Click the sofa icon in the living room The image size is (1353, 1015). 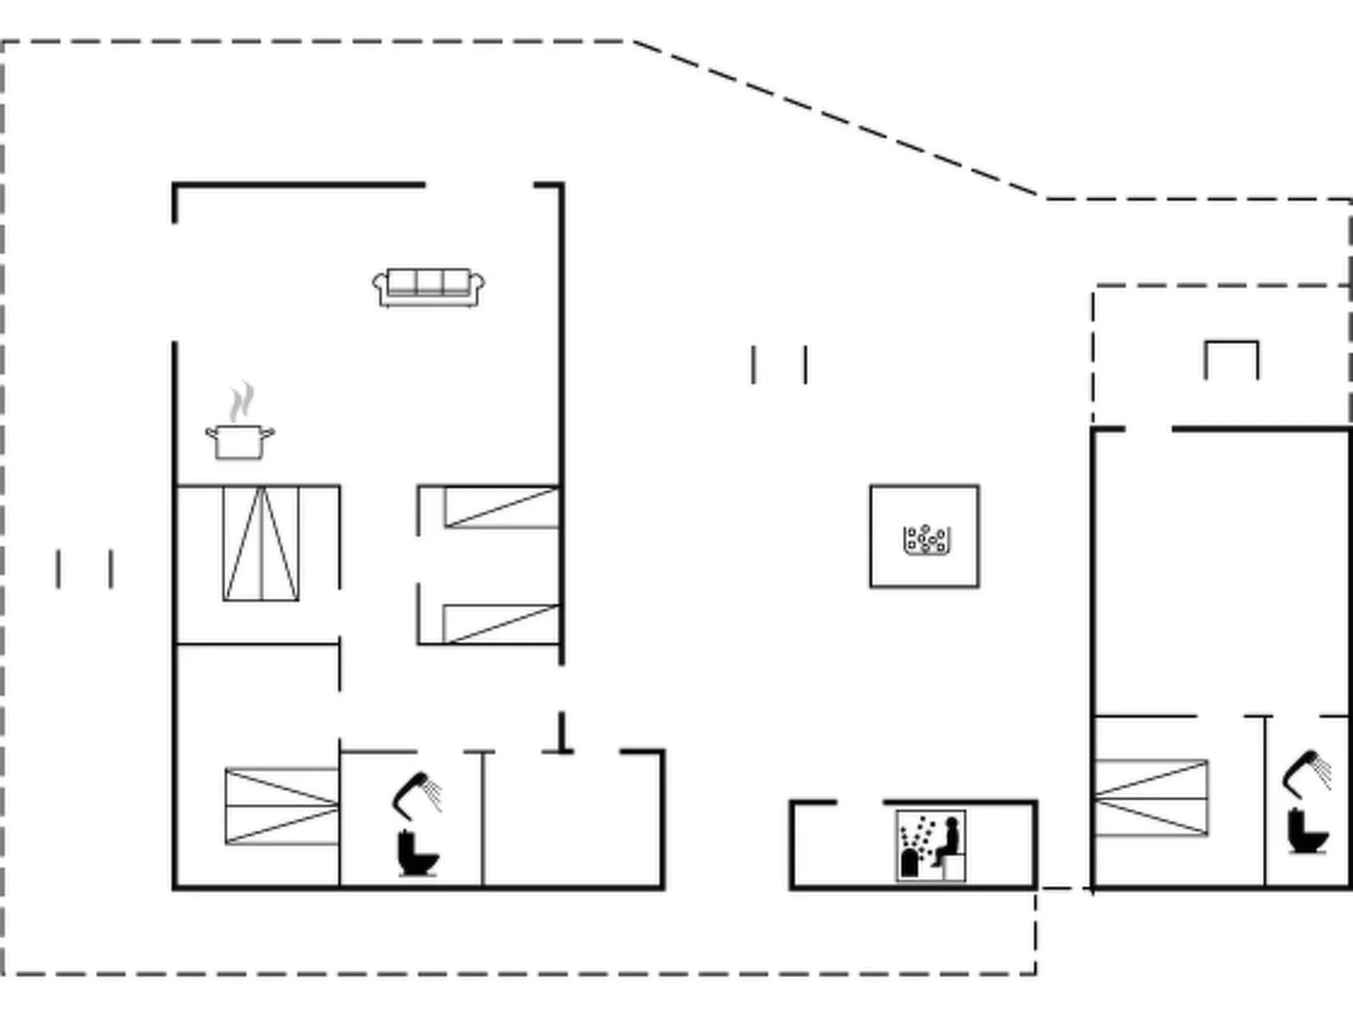click(429, 287)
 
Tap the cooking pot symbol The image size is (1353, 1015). click(240, 441)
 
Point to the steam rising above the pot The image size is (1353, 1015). click(243, 401)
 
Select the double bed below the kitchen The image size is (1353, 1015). click(261, 543)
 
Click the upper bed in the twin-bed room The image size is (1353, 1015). click(501, 507)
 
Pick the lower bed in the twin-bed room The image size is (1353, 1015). click(501, 623)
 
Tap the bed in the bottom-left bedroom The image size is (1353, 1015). click(281, 806)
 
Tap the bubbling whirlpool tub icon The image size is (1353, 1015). click(926, 539)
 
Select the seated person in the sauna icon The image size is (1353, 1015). click(949, 841)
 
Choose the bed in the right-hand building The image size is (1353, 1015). click(1150, 798)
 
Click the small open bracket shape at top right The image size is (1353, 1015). click(1232, 358)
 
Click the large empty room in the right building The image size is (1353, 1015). click(1220, 573)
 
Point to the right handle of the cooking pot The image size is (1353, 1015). click(268, 434)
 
